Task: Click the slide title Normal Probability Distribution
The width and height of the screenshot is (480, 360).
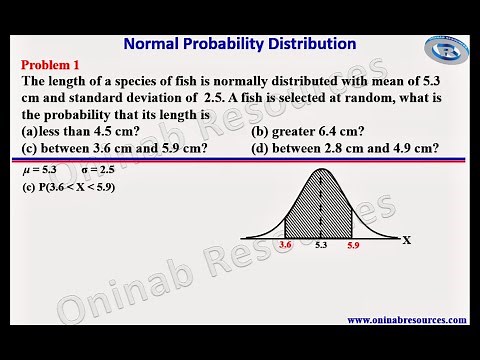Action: [x=239, y=44]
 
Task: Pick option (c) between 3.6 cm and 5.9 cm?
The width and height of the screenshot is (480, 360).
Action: [x=114, y=148]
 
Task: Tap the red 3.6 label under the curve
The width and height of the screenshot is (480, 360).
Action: [x=286, y=244]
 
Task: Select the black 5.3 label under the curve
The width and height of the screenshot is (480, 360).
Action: [x=320, y=244]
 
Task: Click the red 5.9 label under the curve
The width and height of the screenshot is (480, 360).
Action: [x=352, y=244]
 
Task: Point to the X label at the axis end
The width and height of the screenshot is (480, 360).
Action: [x=407, y=240]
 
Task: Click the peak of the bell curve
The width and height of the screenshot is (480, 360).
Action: [x=321, y=170]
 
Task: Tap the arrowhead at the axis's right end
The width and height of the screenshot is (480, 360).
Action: [x=395, y=238]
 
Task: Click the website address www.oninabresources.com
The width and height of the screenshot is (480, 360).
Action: [x=407, y=320]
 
